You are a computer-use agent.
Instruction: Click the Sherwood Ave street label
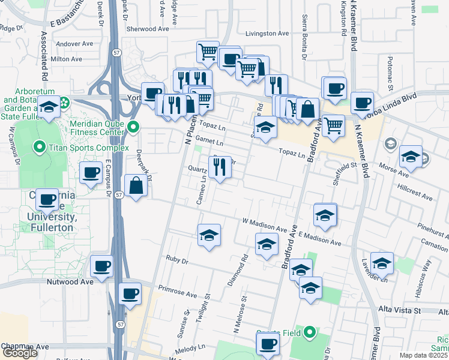[x=148, y=29]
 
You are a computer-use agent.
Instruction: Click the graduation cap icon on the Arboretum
[x=49, y=107]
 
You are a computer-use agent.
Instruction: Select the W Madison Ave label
[x=264, y=229]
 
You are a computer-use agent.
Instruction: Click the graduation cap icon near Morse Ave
[x=411, y=157]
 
